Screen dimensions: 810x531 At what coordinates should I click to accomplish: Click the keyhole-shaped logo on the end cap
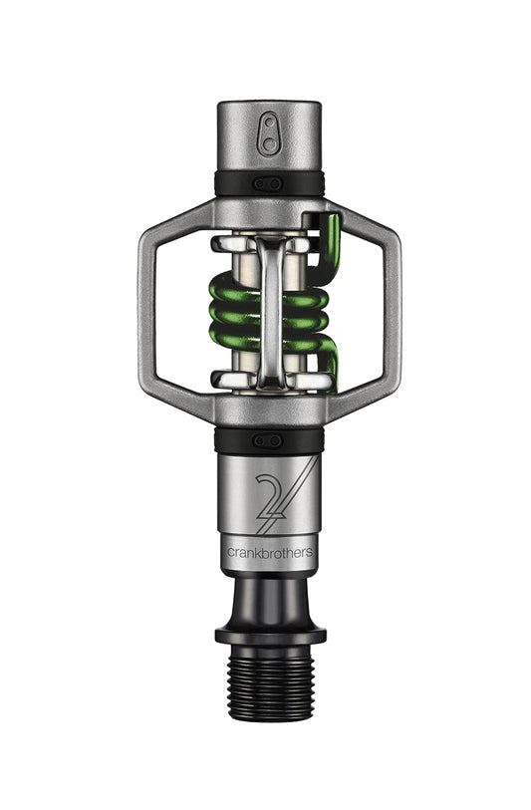(x=268, y=134)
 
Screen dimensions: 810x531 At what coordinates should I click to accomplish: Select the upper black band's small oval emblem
(x=268, y=183)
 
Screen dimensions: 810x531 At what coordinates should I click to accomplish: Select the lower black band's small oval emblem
(x=268, y=440)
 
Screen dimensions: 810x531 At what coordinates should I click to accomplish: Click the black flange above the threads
(x=268, y=634)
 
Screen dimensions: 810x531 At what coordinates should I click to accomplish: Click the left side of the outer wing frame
(x=149, y=310)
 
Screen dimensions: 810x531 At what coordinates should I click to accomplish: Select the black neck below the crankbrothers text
(x=268, y=598)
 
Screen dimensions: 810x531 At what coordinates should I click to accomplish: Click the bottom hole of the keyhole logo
(x=268, y=143)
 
